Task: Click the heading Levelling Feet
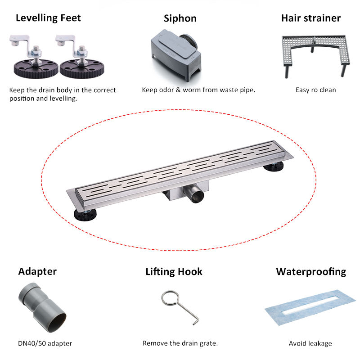point(49,18)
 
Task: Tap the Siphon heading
point(180,18)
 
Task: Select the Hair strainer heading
point(311,18)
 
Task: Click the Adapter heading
point(37,271)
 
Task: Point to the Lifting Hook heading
point(174,271)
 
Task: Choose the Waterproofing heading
point(311,271)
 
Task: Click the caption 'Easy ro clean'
point(315,90)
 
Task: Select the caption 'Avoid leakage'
point(310,343)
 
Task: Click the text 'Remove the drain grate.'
point(180,343)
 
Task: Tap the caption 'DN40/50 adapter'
point(45,343)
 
